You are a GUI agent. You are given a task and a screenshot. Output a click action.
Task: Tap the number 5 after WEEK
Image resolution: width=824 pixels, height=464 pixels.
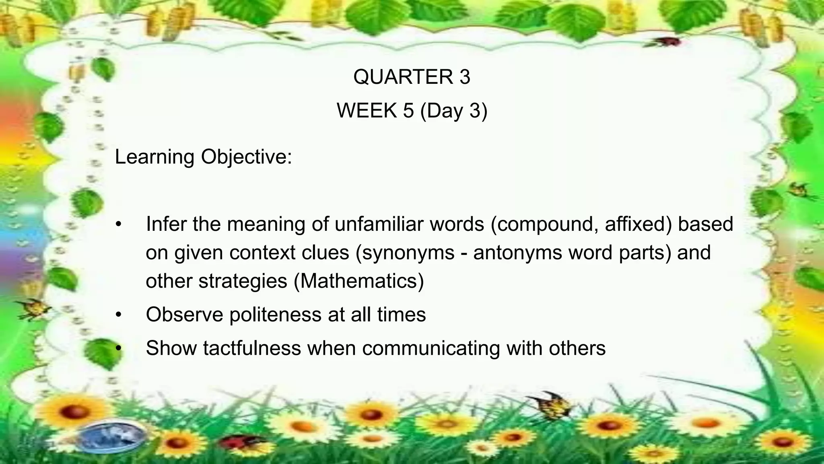pyautogui.click(x=408, y=110)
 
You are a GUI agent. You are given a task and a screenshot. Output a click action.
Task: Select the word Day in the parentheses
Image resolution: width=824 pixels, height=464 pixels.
pyautogui.click(x=444, y=111)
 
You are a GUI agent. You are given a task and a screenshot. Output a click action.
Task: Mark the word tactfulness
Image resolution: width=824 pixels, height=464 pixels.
pyautogui.click(x=251, y=348)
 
